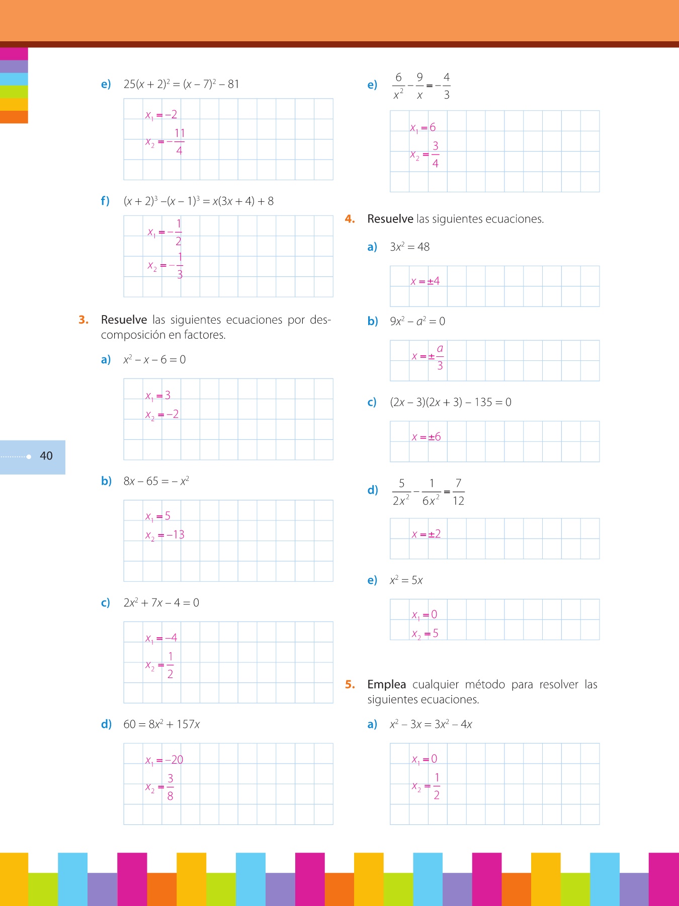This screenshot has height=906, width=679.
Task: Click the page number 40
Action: click(x=46, y=456)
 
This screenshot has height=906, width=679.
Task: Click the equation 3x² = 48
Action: click(x=409, y=247)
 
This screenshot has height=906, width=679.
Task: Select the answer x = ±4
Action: click(x=425, y=281)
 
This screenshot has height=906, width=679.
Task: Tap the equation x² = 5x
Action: click(x=406, y=580)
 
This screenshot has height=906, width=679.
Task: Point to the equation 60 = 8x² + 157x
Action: click(x=161, y=724)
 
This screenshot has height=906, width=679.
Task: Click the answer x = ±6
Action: click(x=426, y=437)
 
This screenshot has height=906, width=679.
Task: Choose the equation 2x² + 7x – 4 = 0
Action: click(x=161, y=602)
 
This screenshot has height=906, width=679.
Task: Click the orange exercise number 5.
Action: click(x=350, y=685)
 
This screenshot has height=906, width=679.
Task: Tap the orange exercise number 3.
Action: click(x=83, y=320)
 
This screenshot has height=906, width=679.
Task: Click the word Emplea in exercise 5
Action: click(x=386, y=685)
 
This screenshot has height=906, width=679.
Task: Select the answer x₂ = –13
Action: click(x=165, y=535)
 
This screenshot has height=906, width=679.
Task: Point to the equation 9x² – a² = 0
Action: click(x=417, y=321)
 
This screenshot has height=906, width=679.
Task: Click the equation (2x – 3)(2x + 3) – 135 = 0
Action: click(x=451, y=402)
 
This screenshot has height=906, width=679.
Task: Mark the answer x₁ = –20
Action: click(x=164, y=760)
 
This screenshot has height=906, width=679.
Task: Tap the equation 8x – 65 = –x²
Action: click(x=156, y=481)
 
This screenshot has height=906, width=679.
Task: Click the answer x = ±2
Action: click(x=426, y=534)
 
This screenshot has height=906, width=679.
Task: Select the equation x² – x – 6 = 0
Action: click(x=154, y=359)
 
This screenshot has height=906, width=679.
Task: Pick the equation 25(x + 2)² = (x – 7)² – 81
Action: click(x=181, y=84)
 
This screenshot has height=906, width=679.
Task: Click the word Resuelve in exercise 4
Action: click(x=390, y=219)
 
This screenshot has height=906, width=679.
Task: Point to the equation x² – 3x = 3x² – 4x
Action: click(x=431, y=724)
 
